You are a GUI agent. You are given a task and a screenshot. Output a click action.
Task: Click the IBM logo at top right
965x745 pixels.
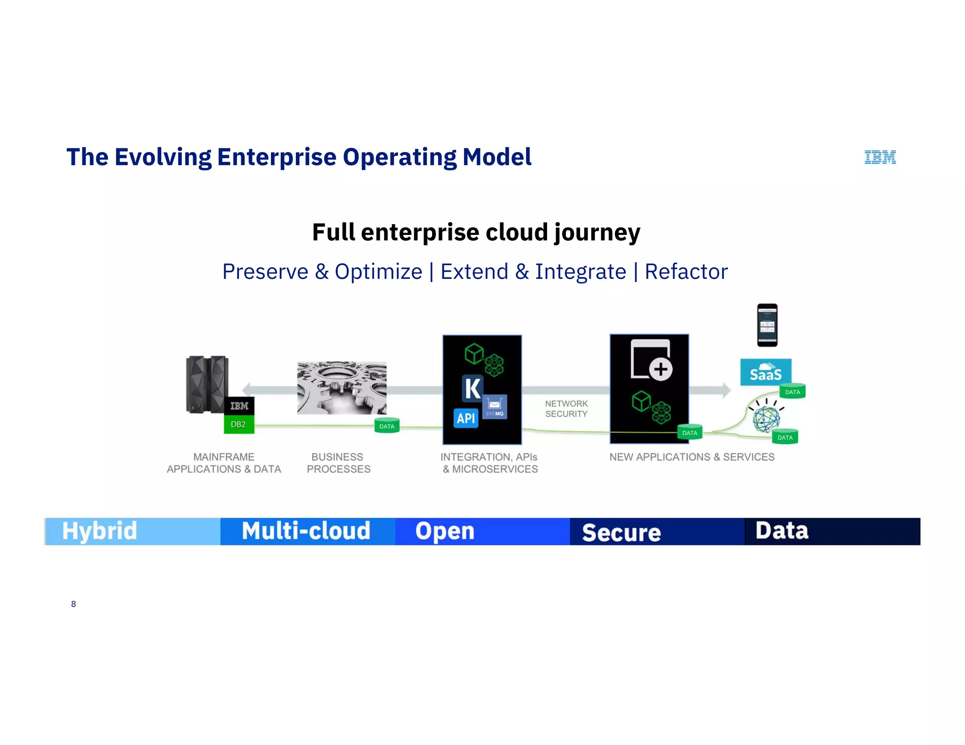point(880,157)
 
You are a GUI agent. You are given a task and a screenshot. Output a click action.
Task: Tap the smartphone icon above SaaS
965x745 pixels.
point(767,325)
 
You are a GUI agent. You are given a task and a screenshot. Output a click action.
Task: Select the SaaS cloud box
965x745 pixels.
point(765,372)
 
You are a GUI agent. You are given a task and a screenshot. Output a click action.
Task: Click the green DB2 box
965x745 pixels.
point(238,424)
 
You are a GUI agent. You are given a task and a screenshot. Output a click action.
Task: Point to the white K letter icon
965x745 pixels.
point(472,389)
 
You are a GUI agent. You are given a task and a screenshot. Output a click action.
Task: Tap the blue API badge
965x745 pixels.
point(466,418)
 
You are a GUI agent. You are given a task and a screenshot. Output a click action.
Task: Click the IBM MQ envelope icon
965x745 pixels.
point(494,406)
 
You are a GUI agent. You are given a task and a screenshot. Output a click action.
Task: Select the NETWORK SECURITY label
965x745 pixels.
point(566,409)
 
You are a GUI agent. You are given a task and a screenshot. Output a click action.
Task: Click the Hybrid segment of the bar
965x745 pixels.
point(132,531)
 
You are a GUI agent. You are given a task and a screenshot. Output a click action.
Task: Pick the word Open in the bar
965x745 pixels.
point(444,531)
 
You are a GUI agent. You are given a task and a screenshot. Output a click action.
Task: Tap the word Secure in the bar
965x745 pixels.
point(621,533)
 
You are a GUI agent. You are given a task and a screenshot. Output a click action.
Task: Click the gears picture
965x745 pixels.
point(342,388)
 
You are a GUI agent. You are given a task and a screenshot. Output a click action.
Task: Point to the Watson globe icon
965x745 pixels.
point(766,418)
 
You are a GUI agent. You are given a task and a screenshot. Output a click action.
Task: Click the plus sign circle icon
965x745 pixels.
point(661,369)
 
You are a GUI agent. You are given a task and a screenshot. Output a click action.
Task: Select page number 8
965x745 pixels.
point(74,604)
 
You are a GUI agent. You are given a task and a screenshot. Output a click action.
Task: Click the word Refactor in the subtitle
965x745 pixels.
point(686,272)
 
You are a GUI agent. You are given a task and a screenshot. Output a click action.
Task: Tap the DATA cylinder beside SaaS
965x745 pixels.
point(792,391)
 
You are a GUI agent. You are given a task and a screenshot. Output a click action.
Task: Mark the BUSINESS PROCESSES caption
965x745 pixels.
point(338,463)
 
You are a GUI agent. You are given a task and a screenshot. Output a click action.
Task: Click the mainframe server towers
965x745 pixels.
point(206,384)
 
